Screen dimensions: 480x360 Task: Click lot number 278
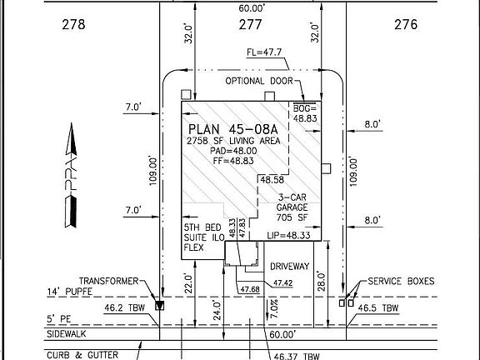tap(73, 24)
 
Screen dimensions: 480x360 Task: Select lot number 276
tap(406, 24)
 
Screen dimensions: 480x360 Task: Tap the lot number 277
tap(250, 24)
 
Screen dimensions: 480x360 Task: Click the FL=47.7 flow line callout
tap(264, 52)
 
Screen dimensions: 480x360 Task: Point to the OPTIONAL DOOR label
tap(259, 81)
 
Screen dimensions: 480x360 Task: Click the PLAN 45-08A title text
tap(233, 129)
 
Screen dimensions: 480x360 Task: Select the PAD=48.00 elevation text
tap(233, 151)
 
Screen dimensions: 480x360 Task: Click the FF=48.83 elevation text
tap(233, 161)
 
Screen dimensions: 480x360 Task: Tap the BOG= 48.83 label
tap(305, 113)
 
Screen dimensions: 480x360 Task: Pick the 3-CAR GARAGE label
tap(292, 202)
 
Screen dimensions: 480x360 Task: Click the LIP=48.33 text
tap(288, 235)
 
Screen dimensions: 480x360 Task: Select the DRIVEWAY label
tap(290, 267)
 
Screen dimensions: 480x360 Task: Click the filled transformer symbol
tap(159, 306)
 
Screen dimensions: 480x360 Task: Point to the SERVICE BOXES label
tap(401, 282)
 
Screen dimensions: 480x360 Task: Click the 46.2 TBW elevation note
tap(125, 307)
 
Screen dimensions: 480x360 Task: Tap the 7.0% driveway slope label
tap(274, 308)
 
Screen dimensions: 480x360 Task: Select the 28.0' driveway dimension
tap(321, 281)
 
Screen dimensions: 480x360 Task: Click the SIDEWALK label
tap(67, 334)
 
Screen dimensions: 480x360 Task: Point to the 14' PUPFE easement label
tap(69, 292)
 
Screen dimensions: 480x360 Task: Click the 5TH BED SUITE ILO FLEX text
tap(202, 237)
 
